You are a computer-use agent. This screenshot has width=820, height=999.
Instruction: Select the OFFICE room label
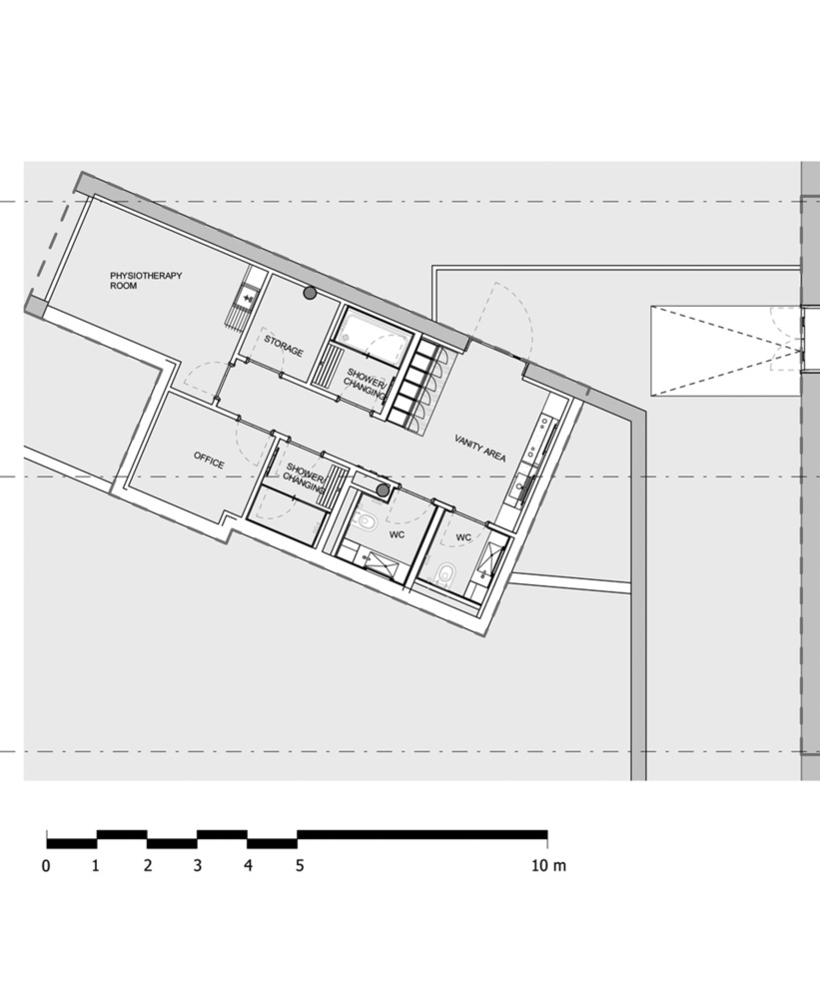point(209,463)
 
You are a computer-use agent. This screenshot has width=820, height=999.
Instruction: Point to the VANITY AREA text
point(479,448)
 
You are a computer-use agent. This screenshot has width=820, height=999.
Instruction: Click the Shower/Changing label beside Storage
point(366,383)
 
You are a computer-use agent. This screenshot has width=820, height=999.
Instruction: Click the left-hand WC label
point(397,534)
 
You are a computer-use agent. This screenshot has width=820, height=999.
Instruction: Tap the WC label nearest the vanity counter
point(463,538)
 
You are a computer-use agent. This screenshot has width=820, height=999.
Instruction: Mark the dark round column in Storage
point(311,293)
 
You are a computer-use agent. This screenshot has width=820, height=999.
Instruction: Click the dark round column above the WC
point(384,490)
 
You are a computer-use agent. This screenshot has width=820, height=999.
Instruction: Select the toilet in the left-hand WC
point(365,521)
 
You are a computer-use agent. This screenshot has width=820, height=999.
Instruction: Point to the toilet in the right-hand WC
point(445,573)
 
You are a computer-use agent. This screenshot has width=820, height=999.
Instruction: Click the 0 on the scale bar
point(46,866)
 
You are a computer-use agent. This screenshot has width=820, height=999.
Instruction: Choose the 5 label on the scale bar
point(299,866)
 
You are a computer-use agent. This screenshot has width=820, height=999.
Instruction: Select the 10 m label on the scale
point(547,866)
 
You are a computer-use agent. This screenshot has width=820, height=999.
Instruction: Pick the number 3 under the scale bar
point(198,866)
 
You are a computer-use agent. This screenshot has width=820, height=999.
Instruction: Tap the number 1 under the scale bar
point(96,866)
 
